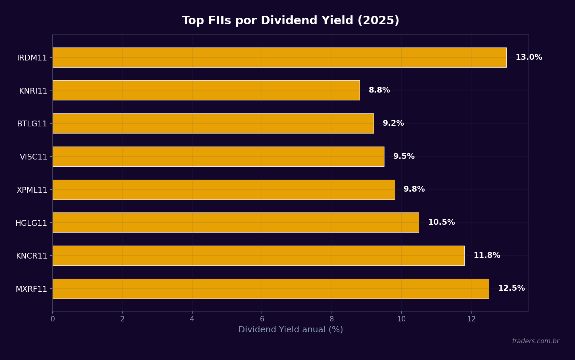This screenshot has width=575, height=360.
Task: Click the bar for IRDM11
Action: click(x=279, y=57)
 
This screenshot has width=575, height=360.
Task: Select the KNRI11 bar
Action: click(x=206, y=91)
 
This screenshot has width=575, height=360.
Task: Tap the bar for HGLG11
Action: click(x=236, y=222)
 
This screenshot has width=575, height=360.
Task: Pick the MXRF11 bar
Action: click(x=270, y=289)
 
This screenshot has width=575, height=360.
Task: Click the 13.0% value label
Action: click(x=529, y=57)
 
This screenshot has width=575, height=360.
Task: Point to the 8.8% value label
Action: click(x=379, y=91)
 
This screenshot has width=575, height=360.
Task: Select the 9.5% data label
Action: click(x=404, y=156)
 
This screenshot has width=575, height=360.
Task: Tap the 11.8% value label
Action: click(x=487, y=255)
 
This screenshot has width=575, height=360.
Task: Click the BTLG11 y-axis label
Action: click(x=32, y=124)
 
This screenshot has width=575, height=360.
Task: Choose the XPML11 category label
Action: click(x=32, y=190)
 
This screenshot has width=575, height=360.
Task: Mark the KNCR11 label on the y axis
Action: click(x=32, y=256)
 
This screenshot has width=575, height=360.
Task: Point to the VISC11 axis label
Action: click(x=33, y=157)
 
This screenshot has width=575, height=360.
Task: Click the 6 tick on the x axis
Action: click(x=262, y=319)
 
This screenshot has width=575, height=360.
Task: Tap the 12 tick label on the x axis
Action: click(x=471, y=319)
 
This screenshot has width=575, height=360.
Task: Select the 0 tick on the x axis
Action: click(x=53, y=319)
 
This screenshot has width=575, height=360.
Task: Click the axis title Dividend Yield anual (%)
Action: click(x=291, y=330)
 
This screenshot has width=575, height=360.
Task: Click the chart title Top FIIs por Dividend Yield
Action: click(x=291, y=20)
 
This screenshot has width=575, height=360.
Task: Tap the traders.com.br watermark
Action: click(x=535, y=341)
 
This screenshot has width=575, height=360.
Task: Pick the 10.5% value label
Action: click(x=441, y=222)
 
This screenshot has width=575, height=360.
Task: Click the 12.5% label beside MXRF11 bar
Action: click(x=511, y=288)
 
